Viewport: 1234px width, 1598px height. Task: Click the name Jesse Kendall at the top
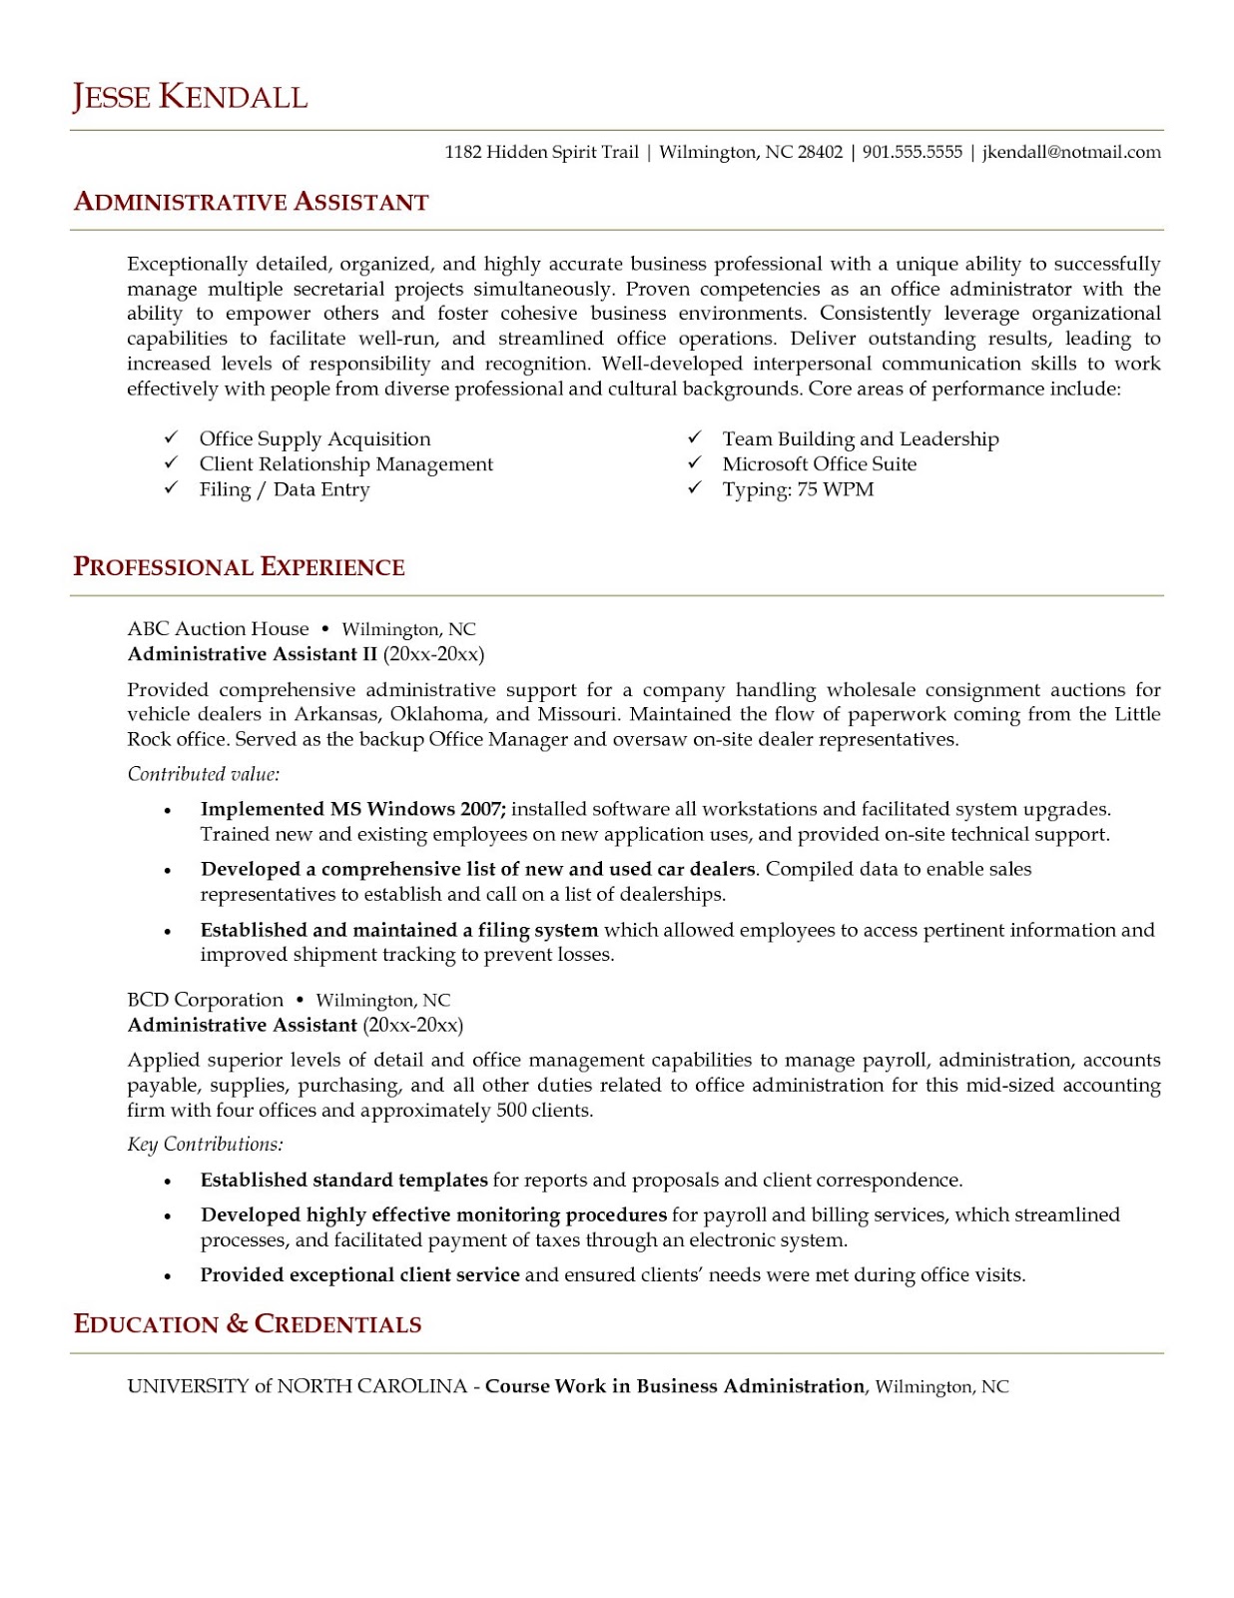190,97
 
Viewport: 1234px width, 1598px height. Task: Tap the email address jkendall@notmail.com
1071,152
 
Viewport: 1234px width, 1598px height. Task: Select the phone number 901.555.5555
912,152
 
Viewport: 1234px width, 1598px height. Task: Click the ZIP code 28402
820,152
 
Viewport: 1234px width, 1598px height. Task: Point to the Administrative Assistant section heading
251,202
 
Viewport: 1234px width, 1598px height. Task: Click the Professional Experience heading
239,567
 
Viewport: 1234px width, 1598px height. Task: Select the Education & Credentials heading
248,1324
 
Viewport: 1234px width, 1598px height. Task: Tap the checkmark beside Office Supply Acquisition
172,437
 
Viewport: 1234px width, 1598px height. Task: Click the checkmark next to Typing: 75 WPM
695,487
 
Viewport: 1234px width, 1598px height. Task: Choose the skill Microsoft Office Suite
819,463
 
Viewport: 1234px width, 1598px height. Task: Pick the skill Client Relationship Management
345,463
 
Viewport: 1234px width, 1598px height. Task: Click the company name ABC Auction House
218,628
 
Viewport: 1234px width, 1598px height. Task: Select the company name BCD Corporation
205,1000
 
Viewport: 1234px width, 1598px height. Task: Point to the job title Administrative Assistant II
253,654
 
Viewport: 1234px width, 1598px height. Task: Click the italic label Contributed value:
203,774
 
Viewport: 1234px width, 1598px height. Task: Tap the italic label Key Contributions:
205,1145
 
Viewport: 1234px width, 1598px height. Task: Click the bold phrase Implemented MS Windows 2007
352,809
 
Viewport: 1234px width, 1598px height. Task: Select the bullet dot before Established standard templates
168,1182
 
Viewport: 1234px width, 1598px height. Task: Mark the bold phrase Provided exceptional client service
359,1275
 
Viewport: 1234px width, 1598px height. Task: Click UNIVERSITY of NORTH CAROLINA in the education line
297,1386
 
